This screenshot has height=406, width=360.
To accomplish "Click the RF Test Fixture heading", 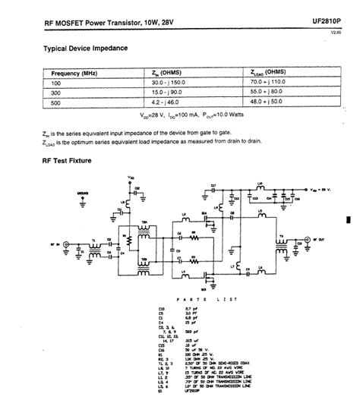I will point(65,161).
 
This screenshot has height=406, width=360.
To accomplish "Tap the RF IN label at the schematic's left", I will point(52,244).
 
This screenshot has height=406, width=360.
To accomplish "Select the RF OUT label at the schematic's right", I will point(322,245).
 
